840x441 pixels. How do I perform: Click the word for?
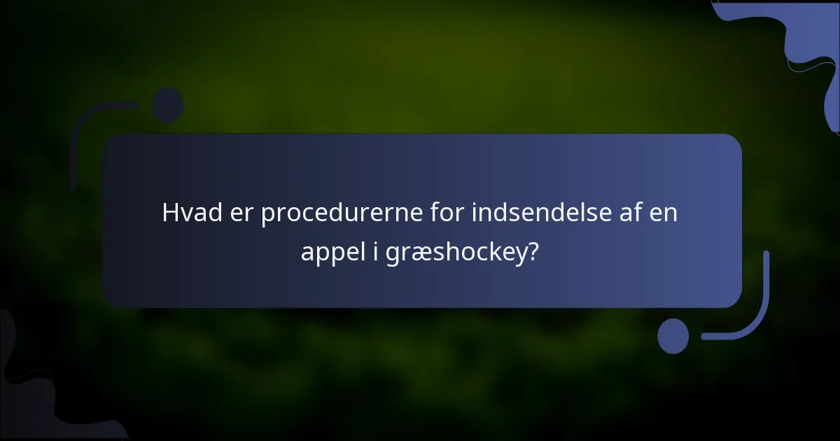[448, 213]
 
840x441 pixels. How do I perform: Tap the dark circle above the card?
[167, 105]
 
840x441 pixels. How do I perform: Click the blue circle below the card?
[673, 335]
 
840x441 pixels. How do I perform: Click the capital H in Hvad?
[170, 213]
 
